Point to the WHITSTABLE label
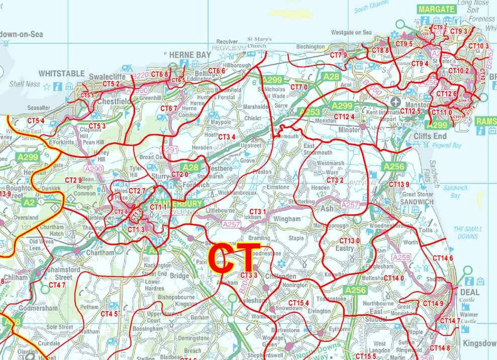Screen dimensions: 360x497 point(62,74)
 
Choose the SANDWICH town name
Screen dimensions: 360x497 point(417,202)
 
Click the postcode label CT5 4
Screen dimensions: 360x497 point(36,121)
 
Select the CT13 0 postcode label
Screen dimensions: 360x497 point(349,241)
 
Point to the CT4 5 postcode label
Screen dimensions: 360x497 point(109,314)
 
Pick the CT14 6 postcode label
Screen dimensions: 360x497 point(443,258)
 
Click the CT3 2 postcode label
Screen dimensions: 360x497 point(335,180)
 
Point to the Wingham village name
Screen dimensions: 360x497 point(287,219)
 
